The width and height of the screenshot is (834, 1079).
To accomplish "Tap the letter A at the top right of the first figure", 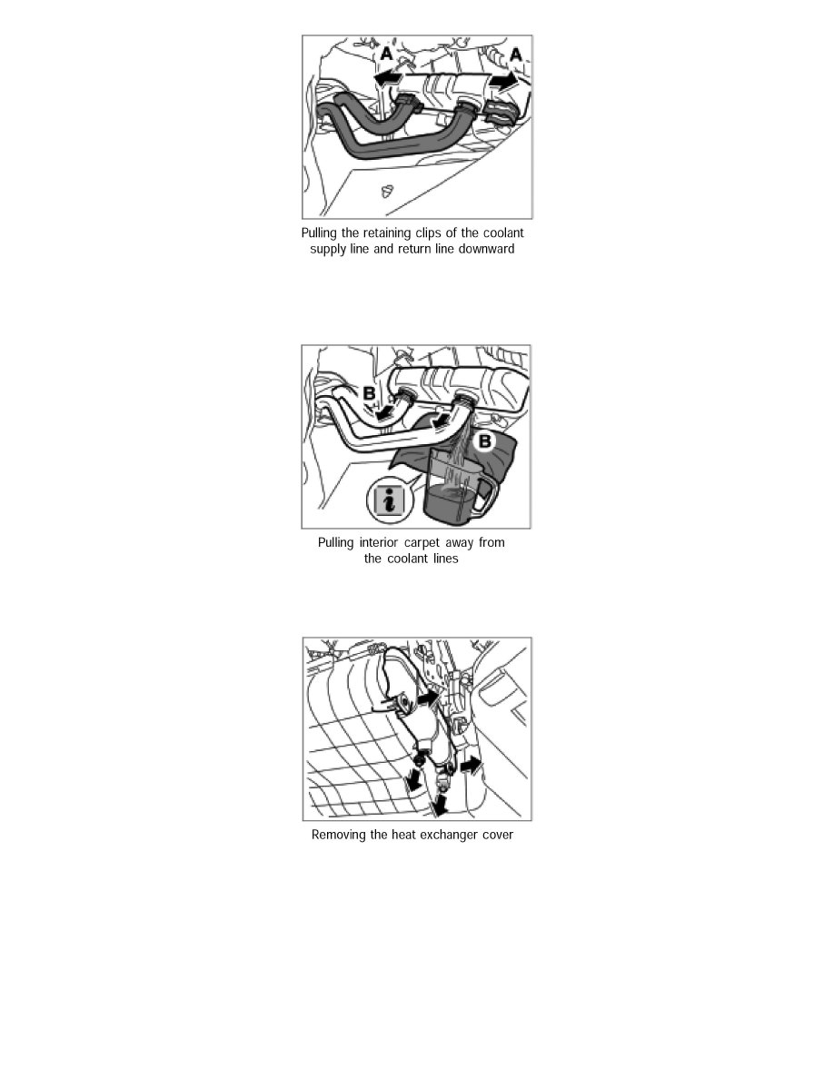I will click(515, 55).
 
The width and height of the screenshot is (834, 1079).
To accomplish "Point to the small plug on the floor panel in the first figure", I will click(387, 192).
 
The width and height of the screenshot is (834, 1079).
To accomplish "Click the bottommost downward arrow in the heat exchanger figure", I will click(441, 804).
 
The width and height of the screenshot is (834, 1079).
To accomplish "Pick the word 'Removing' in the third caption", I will click(339, 835).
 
